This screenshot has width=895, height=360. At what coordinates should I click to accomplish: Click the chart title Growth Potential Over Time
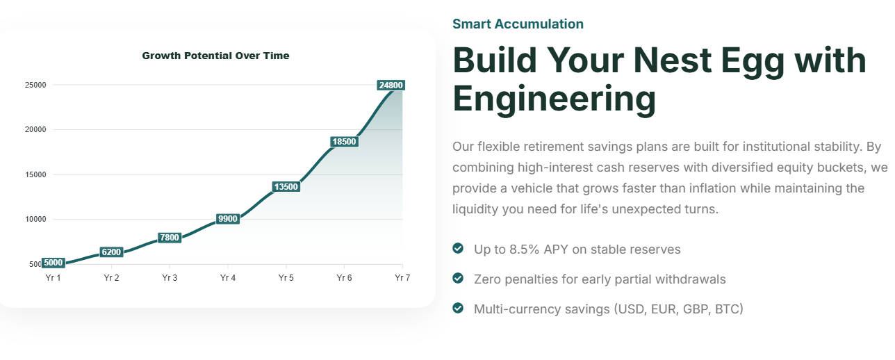click(x=215, y=56)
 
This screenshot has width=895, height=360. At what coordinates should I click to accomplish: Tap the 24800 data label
click(x=391, y=85)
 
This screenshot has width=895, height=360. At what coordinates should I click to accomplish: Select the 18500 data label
click(x=344, y=142)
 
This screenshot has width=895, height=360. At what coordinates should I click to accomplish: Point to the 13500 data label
click(x=286, y=186)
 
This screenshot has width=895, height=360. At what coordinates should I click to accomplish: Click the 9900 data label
click(x=228, y=218)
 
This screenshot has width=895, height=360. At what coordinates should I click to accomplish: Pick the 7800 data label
click(x=170, y=238)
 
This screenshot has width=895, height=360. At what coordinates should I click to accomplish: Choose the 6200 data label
click(x=111, y=252)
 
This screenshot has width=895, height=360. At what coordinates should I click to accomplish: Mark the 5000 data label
click(x=53, y=263)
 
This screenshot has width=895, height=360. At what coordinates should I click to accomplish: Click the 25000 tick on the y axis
click(x=35, y=85)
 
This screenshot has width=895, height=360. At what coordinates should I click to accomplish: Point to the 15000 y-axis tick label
click(x=35, y=174)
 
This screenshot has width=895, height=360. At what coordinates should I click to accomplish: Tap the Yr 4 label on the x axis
click(x=228, y=278)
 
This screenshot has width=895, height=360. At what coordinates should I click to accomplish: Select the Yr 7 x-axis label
click(x=402, y=278)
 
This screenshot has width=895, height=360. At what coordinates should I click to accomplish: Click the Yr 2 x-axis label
click(x=111, y=278)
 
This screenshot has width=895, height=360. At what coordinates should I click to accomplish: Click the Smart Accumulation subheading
click(x=518, y=24)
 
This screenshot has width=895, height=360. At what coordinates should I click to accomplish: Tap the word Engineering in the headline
click(x=555, y=99)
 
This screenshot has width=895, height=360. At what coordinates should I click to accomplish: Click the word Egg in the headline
click(x=753, y=60)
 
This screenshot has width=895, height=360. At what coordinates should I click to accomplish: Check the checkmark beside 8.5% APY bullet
click(x=458, y=248)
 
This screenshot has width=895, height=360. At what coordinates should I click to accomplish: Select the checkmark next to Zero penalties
click(x=458, y=278)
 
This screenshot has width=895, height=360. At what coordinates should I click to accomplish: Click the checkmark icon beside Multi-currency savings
click(x=458, y=308)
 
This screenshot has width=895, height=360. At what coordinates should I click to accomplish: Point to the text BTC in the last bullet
click(x=727, y=309)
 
